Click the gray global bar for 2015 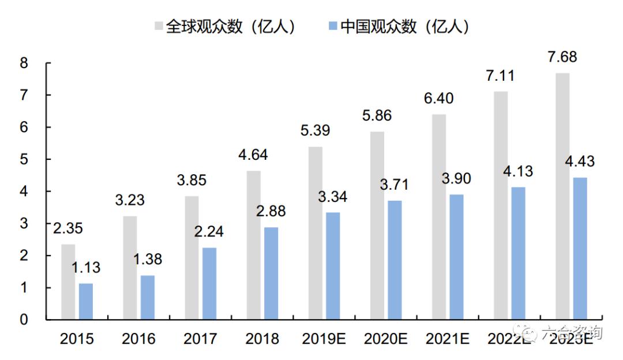click(x=68, y=282)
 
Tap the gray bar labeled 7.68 click(x=562, y=196)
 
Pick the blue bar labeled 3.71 click(x=395, y=260)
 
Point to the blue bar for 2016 click(x=148, y=298)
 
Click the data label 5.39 click(x=315, y=131)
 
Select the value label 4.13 click(x=517, y=171)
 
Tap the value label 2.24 click(x=208, y=232)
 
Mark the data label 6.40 click(x=438, y=99)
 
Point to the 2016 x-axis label click(x=138, y=339)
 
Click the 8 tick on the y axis click(x=24, y=63)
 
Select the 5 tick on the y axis click(x=24, y=159)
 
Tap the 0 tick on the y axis click(x=24, y=320)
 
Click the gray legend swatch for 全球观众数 click(x=159, y=27)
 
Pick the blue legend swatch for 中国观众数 click(x=333, y=27)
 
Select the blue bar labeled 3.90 click(x=456, y=257)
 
